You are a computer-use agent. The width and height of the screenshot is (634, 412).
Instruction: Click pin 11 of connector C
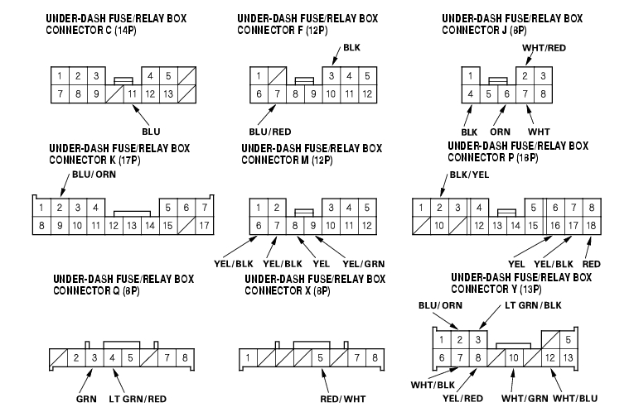point(132,93)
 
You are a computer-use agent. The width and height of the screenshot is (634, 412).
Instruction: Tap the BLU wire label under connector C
point(151,131)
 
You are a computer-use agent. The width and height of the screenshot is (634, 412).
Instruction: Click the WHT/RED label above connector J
point(544,47)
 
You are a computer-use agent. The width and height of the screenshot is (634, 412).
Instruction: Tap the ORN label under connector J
point(500,131)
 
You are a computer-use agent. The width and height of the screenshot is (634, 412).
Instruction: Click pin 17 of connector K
point(204,224)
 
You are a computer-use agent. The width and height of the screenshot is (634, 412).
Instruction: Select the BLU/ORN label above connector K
point(94,175)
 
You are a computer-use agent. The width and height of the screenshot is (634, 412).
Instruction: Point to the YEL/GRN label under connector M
point(363,263)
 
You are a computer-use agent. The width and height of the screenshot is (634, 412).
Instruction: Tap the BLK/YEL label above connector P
point(468,175)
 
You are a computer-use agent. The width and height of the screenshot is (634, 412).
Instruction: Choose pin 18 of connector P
point(590,224)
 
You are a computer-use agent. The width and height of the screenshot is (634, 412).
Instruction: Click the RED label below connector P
point(592,263)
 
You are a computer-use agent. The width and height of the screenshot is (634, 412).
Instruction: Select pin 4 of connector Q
point(112,357)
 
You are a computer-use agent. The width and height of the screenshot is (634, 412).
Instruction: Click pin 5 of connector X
point(319,357)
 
